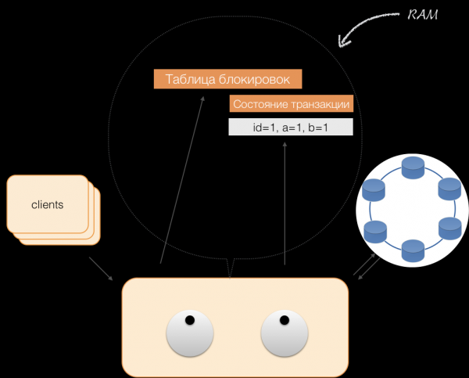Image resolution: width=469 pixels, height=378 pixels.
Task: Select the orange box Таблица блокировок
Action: (227, 79)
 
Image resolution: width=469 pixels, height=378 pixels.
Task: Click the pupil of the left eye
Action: (188, 319)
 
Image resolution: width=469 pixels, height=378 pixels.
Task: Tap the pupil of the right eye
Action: (284, 319)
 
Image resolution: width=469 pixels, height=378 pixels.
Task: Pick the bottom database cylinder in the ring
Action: (412, 250)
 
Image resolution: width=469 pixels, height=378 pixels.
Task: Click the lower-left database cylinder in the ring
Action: (375, 230)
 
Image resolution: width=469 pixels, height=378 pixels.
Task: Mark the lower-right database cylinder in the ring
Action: (449, 229)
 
